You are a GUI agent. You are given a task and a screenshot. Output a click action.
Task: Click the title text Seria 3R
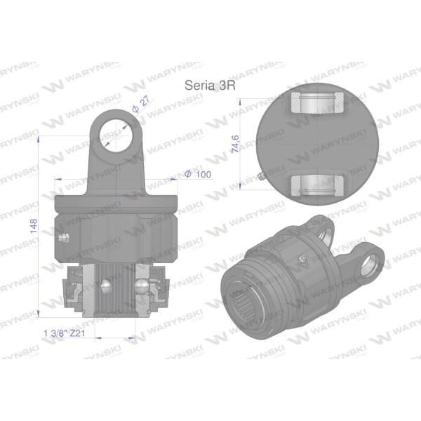tap(210, 86)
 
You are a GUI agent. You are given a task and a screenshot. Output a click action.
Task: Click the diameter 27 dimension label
tap(141, 105)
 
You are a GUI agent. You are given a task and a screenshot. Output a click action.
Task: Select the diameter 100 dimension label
tap(198, 174)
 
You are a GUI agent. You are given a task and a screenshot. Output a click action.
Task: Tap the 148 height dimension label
tap(34, 226)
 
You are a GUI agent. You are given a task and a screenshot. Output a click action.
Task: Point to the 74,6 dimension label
tap(235, 144)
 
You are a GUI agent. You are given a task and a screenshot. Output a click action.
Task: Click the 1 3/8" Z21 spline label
tap(64, 333)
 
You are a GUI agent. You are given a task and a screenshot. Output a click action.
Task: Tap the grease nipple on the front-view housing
tap(64, 238)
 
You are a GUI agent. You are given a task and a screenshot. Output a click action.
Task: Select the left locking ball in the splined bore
tap(105, 286)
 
